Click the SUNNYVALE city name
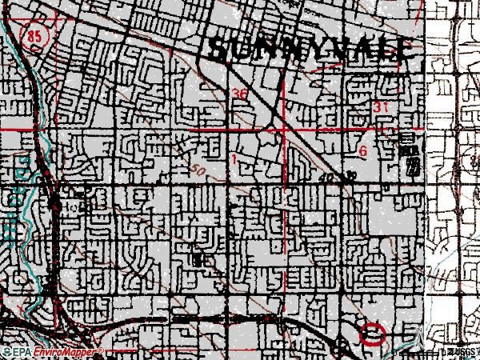312,49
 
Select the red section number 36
240,94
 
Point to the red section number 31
380,107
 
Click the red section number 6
363,151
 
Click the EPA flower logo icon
6,352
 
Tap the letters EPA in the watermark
22,352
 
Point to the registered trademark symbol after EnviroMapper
101,350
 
